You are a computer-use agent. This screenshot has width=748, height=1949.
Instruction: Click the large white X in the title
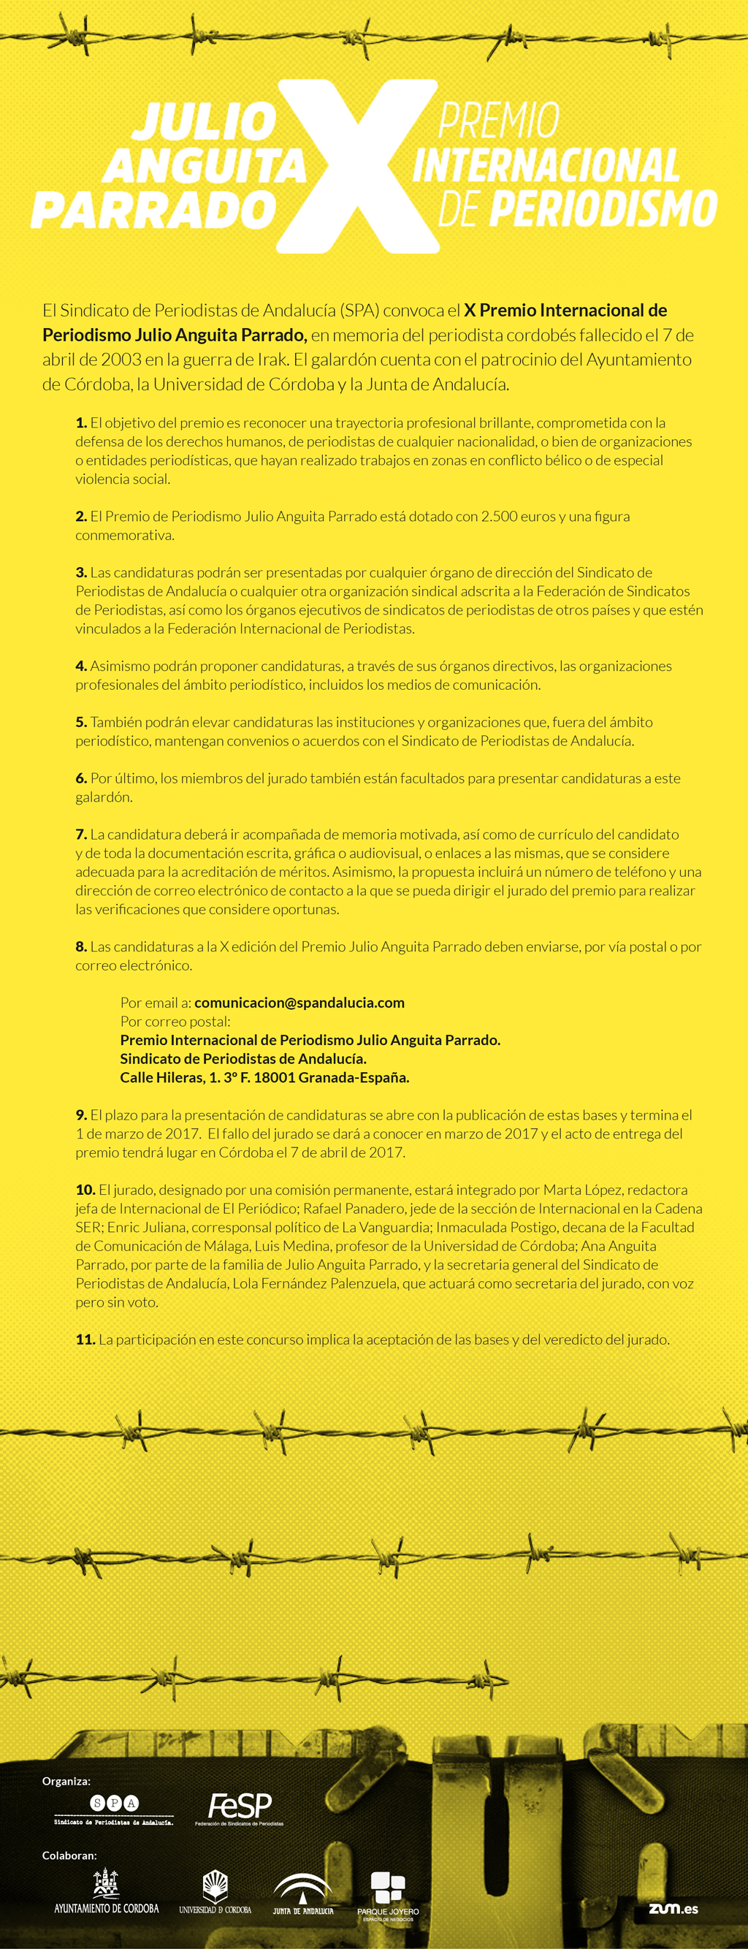tap(358, 167)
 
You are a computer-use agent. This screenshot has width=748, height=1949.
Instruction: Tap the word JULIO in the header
tap(205, 122)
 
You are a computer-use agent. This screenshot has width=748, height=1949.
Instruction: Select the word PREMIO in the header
tap(499, 121)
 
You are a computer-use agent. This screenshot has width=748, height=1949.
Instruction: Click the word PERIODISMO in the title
tap(603, 209)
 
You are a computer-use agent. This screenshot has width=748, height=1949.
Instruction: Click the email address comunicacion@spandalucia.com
tap(299, 1003)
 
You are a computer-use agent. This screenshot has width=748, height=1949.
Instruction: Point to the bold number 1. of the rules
tap(81, 423)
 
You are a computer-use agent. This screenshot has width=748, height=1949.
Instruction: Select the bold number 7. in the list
tap(81, 835)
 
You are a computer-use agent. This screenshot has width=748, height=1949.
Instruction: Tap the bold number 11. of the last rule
tap(85, 1340)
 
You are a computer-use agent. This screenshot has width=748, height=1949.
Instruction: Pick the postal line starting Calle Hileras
tap(264, 1077)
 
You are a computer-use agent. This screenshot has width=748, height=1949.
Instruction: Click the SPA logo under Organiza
tap(114, 1809)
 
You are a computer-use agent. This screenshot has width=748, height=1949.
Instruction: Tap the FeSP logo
tap(239, 1808)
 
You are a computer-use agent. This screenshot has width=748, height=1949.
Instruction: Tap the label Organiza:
tap(66, 1781)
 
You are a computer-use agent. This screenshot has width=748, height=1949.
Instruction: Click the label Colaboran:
tap(69, 1855)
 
